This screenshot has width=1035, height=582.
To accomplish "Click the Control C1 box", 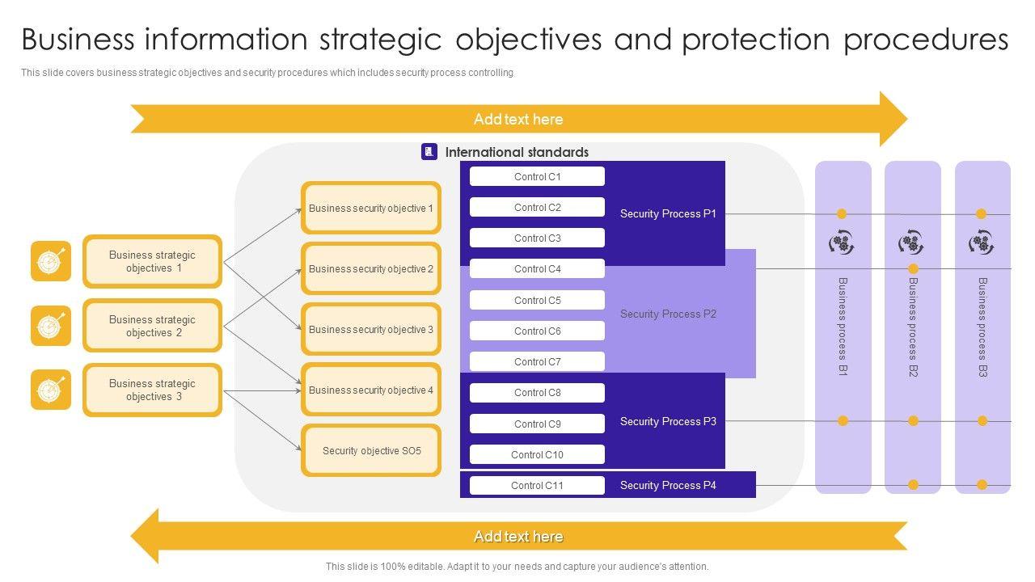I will click(x=537, y=176).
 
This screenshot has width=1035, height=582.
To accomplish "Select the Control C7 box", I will click(x=537, y=361).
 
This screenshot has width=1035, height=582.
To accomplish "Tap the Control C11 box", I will click(x=537, y=485).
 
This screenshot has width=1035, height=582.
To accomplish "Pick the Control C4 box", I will click(x=537, y=269).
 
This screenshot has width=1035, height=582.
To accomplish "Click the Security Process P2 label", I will click(x=668, y=314).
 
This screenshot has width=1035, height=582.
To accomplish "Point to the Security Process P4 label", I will click(x=668, y=485).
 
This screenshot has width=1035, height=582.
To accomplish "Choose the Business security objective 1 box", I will click(x=371, y=208).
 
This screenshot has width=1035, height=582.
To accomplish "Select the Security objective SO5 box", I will click(x=371, y=450).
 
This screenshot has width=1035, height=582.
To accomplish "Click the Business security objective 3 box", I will click(x=371, y=329).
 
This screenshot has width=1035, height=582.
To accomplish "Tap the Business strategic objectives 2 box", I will click(x=152, y=326).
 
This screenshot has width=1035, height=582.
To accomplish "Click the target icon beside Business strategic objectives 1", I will click(x=51, y=261).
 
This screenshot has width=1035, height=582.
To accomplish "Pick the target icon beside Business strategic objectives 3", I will click(x=51, y=390).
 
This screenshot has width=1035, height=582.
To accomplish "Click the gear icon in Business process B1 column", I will click(x=842, y=242).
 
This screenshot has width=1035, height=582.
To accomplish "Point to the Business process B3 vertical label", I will click(x=982, y=327).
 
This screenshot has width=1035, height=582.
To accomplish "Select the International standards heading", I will click(x=517, y=152).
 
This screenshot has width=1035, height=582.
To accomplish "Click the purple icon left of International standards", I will click(x=429, y=151).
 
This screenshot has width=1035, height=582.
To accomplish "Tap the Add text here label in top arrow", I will click(x=518, y=119).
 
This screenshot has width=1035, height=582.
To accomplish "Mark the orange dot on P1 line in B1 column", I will click(x=842, y=213).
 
